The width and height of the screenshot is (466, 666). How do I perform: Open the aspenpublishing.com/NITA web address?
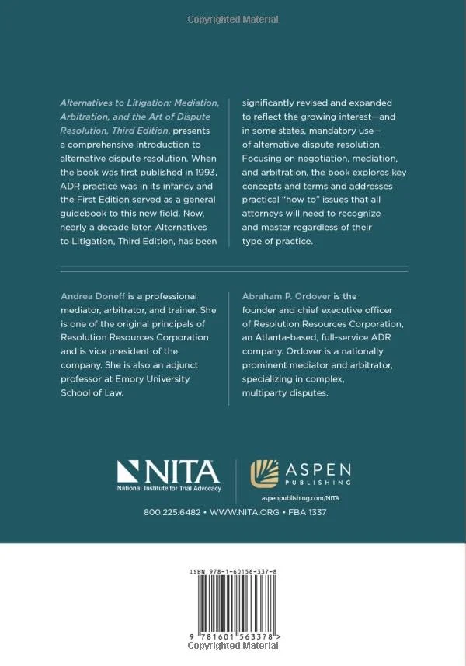(x=301, y=497)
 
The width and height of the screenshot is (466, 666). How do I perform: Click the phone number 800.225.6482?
(x=172, y=514)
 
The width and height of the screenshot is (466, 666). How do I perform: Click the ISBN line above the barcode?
(x=233, y=572)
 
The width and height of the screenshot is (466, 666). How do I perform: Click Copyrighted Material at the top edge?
(x=233, y=16)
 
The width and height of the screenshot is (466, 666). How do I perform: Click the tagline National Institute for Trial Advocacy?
(x=169, y=488)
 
